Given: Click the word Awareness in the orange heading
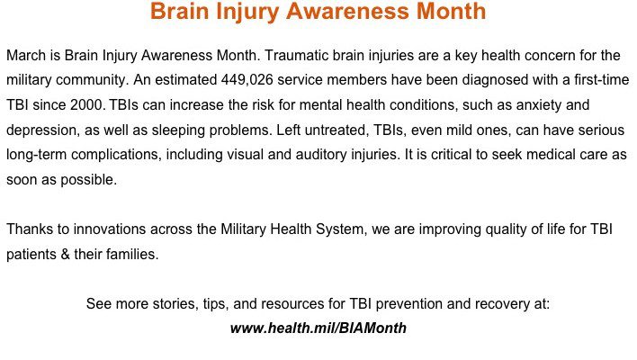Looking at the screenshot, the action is point(348,11).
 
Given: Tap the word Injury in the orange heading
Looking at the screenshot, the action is point(247,13).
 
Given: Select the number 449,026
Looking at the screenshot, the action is point(247,80).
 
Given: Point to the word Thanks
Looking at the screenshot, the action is point(30,229).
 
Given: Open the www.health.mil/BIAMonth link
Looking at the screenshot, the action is point(318,328).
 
